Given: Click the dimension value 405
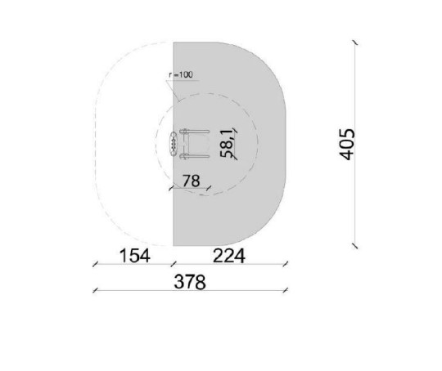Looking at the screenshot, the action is click(347, 145).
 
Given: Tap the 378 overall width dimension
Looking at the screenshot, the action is click(190, 282).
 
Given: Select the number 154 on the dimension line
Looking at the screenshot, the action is click(135, 256).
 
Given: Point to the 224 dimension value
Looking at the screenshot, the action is click(229, 256).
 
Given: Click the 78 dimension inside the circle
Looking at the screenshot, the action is click(191, 181).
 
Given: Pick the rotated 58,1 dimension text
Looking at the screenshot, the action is click(227, 144).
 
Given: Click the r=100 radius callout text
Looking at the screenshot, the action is click(181, 75).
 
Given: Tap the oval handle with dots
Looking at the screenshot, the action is click(174, 144).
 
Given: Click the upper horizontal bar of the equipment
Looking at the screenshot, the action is click(195, 132).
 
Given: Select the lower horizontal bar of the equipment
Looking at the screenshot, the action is click(195, 155).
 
